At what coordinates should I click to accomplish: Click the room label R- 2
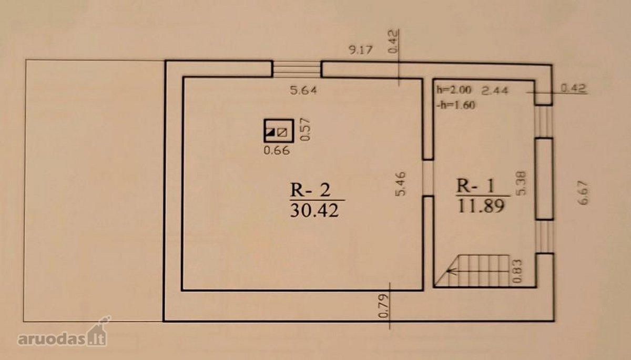[310, 190]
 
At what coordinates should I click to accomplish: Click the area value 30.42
[314, 211]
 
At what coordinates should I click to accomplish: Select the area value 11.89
[481, 206]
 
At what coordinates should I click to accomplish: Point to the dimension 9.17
[361, 50]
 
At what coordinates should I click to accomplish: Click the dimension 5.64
[303, 90]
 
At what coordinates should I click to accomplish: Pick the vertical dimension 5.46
[401, 183]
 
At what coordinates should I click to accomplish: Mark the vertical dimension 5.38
[521, 183]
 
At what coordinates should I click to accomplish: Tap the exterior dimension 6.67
[584, 193]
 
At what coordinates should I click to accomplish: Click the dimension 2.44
[495, 90]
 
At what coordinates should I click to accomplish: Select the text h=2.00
[453, 90]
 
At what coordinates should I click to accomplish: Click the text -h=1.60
[456, 105]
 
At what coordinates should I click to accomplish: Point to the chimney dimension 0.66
[277, 151]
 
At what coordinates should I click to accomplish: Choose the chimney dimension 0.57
[306, 129]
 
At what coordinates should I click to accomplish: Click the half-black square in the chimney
[271, 132]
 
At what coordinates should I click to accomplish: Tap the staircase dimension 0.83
[518, 271]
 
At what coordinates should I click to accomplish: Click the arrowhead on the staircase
[450, 271]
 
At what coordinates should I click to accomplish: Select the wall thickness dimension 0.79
[383, 306]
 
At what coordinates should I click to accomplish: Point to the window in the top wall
[297, 69]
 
